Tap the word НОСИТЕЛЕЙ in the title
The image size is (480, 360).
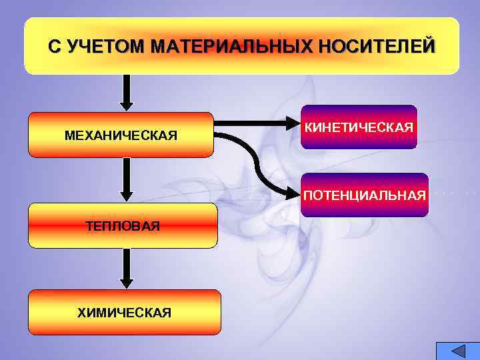coord(377,47)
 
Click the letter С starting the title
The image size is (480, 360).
coord(54,47)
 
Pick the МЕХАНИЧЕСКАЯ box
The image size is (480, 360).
coord(121,135)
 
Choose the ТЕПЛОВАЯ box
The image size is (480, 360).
coord(123,225)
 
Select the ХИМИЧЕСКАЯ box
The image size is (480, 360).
coord(124,312)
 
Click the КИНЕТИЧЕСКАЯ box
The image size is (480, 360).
coord(359,127)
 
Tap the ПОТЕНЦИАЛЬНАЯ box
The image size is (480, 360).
coord(364,195)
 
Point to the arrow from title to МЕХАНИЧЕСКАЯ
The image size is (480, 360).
coord(127,92)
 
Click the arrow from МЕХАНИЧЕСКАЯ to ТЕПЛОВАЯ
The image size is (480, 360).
coord(127,180)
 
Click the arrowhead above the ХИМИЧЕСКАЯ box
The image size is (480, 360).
coord(127,282)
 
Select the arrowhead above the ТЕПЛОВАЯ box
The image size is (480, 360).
coord(127,196)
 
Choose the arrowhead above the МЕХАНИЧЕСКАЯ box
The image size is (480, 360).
coord(127,105)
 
